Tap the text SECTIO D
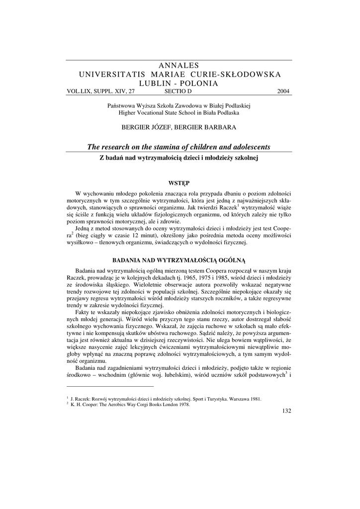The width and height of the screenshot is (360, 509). (x=178, y=91)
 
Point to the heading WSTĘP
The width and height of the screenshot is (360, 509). (x=180, y=182)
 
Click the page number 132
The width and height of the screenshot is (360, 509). (x=286, y=411)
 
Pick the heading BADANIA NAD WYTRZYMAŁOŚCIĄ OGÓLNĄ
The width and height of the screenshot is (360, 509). (x=180, y=259)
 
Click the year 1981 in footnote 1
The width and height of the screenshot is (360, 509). (x=256, y=399)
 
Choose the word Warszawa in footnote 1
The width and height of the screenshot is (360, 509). (x=237, y=399)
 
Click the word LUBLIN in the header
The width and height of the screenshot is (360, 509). (x=155, y=83)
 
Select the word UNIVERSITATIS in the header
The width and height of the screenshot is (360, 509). (x=110, y=74)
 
